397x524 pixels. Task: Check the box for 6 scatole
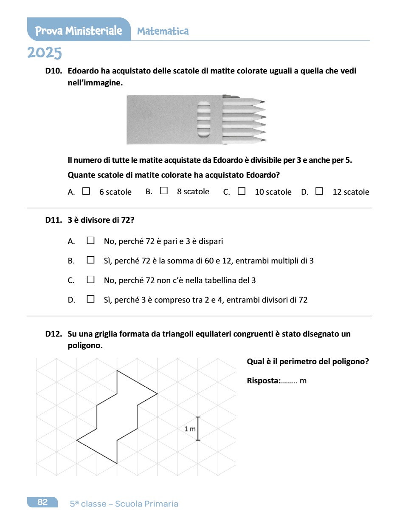point(86,191)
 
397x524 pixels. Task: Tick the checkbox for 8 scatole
point(164,191)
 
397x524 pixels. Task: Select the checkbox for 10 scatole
point(242,191)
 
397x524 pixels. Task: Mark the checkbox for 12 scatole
point(319,191)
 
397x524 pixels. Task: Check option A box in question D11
point(90,241)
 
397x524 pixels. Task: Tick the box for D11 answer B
point(90,260)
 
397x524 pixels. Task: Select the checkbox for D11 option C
point(90,280)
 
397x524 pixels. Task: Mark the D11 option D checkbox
point(90,299)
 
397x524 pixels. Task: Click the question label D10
point(54,71)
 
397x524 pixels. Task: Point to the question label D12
point(54,334)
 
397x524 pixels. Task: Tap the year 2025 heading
point(45,53)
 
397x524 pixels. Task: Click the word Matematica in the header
point(163,31)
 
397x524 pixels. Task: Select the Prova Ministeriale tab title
point(79,31)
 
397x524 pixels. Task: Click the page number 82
point(42,502)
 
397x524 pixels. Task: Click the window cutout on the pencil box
point(204,119)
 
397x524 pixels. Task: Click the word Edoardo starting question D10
point(82,71)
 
